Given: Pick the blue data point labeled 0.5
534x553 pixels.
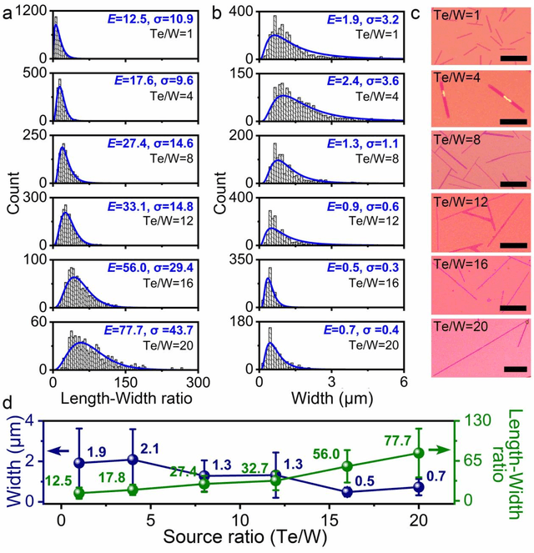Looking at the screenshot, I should (347, 492).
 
